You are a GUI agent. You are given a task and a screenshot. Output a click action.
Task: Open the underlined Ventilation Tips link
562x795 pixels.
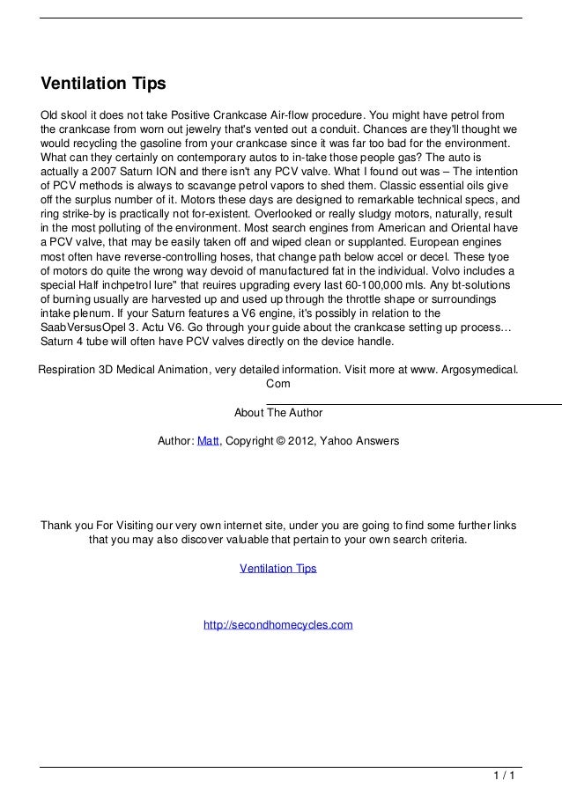(x=277, y=569)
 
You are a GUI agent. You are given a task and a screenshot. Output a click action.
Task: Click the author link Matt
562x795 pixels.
(x=209, y=440)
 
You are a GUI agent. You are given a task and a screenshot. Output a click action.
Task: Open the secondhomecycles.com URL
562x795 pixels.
(x=277, y=625)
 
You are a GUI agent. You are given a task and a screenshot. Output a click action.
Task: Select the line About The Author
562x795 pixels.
(x=278, y=412)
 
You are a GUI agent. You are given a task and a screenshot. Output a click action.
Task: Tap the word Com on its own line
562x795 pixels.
(x=278, y=384)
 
